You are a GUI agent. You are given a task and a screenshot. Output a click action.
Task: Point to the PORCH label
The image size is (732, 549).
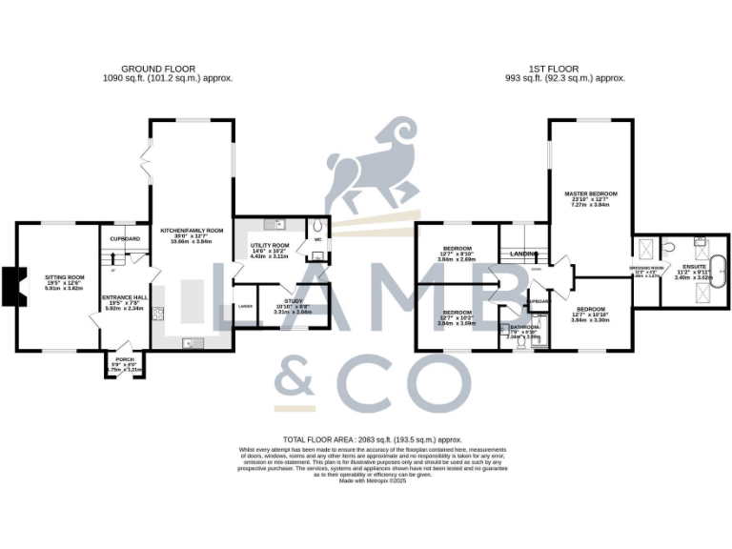pos(124,363)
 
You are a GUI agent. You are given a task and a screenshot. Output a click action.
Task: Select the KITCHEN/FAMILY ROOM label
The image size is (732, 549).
pos(191,231)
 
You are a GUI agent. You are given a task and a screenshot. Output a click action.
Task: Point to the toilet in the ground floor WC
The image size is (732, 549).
pos(316,229)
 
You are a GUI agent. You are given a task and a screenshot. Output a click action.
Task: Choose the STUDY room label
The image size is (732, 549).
pos(293,302)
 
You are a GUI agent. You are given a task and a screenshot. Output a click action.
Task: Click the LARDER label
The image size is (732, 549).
pos(246,306)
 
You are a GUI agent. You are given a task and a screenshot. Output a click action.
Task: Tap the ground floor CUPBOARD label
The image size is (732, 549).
pos(125,238)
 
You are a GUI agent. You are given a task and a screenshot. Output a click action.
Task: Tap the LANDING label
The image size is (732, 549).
pos(524,254)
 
